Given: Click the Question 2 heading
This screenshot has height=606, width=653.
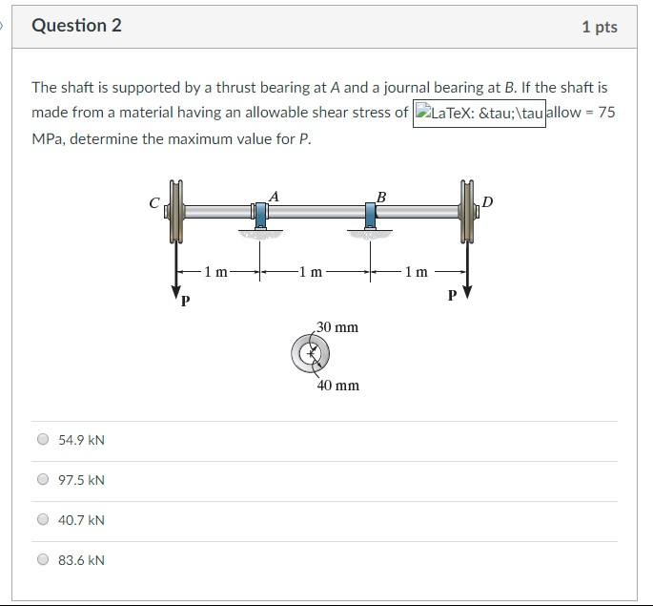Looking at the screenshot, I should pyautogui.click(x=76, y=26).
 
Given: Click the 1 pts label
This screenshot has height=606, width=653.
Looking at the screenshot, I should pyautogui.click(x=599, y=27).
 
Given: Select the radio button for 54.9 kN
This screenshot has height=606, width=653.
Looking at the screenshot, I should pyautogui.click(x=42, y=440).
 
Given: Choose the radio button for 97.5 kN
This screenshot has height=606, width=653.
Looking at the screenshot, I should pyautogui.click(x=42, y=480).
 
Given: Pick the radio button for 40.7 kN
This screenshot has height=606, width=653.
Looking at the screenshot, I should pyautogui.click(x=42, y=520).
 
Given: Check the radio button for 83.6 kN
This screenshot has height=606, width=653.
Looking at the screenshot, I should pyautogui.click(x=42, y=560).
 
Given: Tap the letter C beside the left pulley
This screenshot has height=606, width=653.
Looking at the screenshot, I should pyautogui.click(x=155, y=202).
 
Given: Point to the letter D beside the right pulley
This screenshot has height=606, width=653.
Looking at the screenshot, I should pyautogui.click(x=489, y=201).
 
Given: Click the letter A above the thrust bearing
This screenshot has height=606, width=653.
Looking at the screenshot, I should pyautogui.click(x=274, y=196).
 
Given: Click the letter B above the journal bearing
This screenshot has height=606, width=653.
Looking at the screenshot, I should pyautogui.click(x=381, y=197).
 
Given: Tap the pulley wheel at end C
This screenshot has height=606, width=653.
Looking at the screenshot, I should pyautogui.click(x=174, y=212).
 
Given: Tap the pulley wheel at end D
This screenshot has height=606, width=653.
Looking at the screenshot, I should pyautogui.click(x=467, y=212).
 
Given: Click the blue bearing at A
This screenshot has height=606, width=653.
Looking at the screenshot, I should pyautogui.click(x=259, y=214).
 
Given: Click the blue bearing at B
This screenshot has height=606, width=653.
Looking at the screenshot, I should pyautogui.click(x=370, y=214).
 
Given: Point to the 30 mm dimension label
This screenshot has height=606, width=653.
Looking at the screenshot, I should pyautogui.click(x=337, y=327).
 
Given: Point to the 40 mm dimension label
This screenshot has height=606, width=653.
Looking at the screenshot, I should pyautogui.click(x=338, y=386).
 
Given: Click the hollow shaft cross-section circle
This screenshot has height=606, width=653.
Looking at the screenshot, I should pyautogui.click(x=310, y=355).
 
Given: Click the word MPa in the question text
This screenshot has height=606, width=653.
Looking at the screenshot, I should pyautogui.click(x=48, y=138).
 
